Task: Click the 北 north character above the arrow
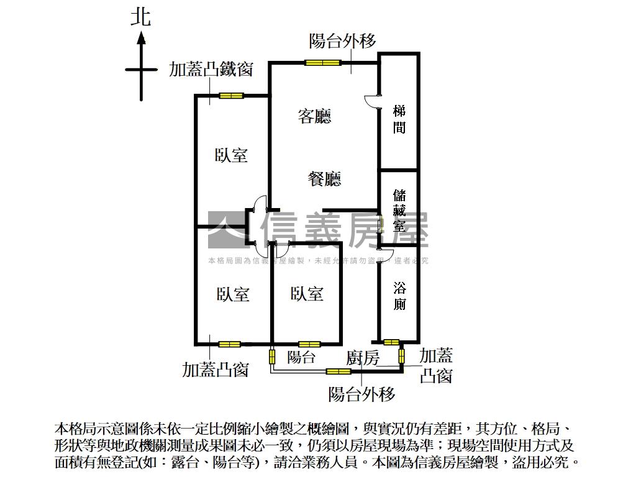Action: [140, 17]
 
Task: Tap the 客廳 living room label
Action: [315, 116]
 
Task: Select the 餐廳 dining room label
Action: [325, 179]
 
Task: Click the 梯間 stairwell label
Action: [399, 120]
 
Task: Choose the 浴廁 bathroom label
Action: [399, 296]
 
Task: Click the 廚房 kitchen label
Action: [363, 358]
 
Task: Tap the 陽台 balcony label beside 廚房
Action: [302, 357]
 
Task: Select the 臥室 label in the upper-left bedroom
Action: [232, 155]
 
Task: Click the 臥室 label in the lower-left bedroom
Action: [234, 294]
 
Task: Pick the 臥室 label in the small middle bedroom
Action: [307, 293]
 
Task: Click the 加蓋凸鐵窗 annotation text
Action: [211, 70]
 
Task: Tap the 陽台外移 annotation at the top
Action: [343, 42]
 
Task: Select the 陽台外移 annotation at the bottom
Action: [362, 394]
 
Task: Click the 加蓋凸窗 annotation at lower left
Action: [216, 370]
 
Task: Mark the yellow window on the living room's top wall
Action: [323, 62]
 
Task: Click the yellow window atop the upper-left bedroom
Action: [230, 96]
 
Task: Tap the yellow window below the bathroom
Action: [391, 342]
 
